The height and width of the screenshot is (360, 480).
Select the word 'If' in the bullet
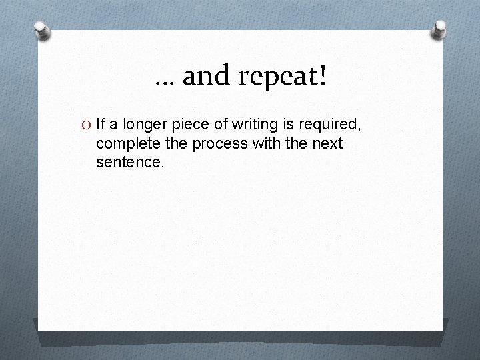(100, 123)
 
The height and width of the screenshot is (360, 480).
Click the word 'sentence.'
(129, 162)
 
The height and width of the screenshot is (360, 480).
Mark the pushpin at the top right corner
(440, 27)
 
